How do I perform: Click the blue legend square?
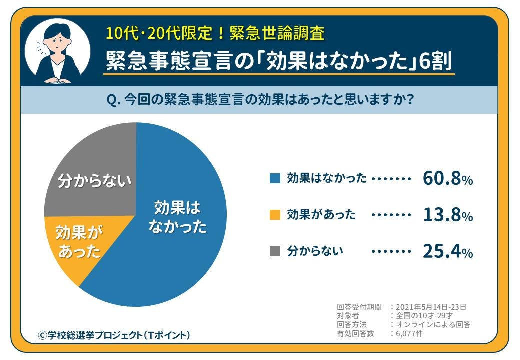275,178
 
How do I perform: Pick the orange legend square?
275,215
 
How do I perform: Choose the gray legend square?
275,251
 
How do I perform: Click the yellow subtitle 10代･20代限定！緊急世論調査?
215,33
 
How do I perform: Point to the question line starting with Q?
260,100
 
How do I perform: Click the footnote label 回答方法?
352,325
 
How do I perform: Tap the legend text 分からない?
315,251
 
